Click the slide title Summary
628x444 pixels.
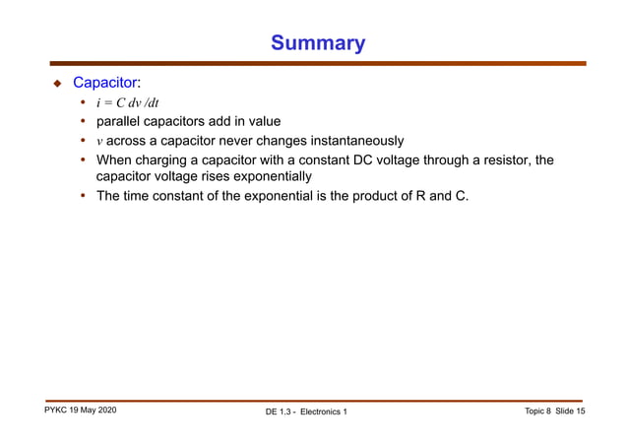click(x=317, y=43)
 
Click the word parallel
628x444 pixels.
click(x=121, y=122)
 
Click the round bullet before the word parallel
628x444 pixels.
click(x=83, y=122)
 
